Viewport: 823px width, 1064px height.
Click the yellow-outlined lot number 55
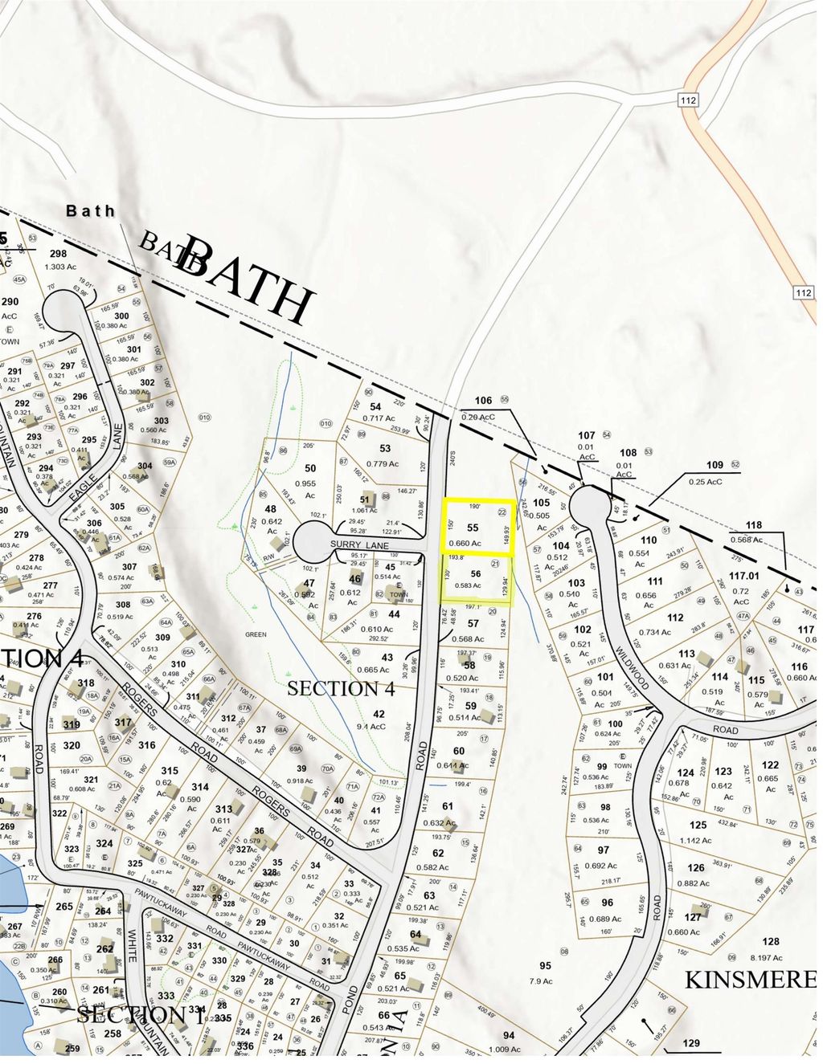pyautogui.click(x=473, y=528)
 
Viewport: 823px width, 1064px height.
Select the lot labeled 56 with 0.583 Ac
pyautogui.click(x=476, y=574)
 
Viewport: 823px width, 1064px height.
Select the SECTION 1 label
pyautogui.click(x=140, y=1014)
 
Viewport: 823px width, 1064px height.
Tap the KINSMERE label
pyautogui.click(x=750, y=979)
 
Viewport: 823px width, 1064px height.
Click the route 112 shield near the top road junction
pyautogui.click(x=692, y=100)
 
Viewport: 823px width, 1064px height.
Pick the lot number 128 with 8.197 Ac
pyautogui.click(x=771, y=942)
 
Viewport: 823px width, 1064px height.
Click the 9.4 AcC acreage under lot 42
pyautogui.click(x=379, y=726)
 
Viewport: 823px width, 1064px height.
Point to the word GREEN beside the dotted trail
pyautogui.click(x=256, y=634)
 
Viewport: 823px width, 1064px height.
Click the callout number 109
pyautogui.click(x=714, y=465)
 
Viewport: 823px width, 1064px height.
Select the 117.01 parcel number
pyautogui.click(x=743, y=575)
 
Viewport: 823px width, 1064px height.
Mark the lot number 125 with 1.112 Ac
pyautogui.click(x=698, y=825)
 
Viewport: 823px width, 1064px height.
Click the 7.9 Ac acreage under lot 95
pyautogui.click(x=546, y=980)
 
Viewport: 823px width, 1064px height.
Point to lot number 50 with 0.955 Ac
pyautogui.click(x=310, y=468)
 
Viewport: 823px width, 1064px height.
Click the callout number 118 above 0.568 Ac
pyautogui.click(x=753, y=525)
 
